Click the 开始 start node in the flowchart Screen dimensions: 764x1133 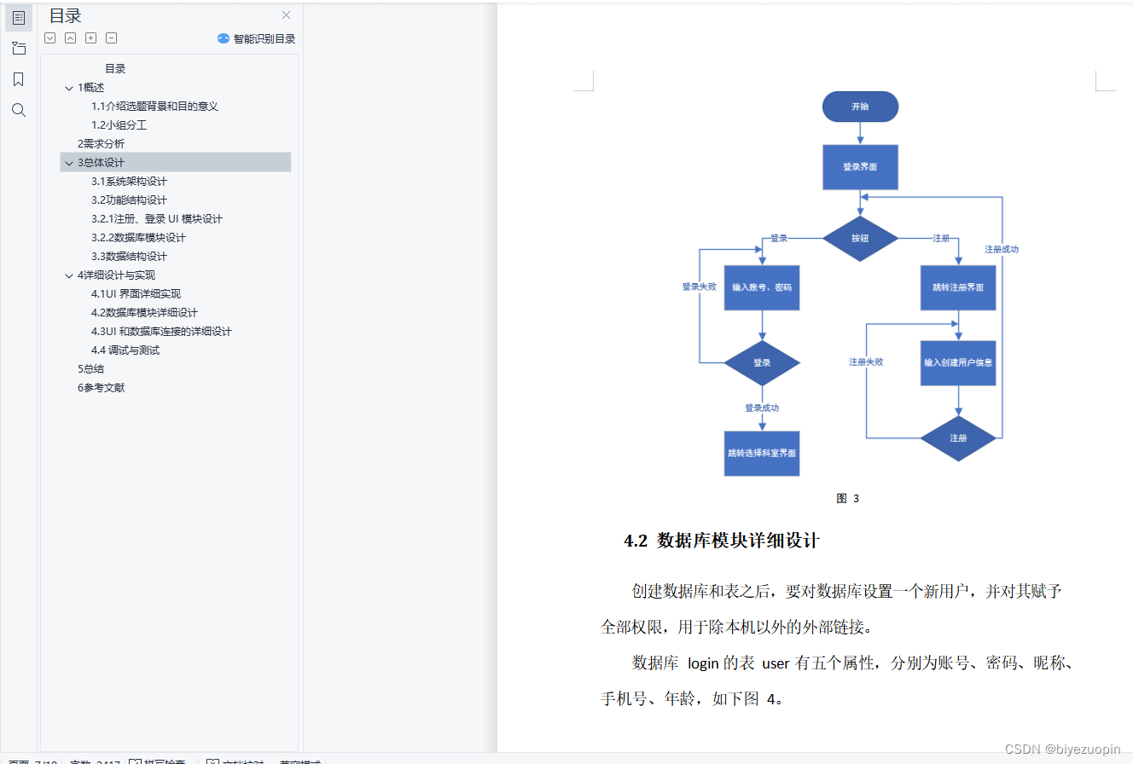860,107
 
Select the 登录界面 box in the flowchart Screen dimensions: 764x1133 860,167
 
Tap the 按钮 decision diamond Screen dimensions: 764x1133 860,238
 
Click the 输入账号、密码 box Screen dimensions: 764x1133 762,287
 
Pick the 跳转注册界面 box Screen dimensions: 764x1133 957,287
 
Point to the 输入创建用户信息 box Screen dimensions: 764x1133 957,362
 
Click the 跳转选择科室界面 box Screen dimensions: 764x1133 762,453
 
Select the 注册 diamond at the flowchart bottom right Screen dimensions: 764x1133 957,438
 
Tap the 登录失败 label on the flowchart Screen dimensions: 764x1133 699,287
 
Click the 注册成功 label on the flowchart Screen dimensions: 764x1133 1002,250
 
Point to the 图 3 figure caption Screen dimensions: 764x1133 847,499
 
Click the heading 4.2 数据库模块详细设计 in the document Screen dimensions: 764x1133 722,541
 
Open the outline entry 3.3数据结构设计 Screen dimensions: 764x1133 129,256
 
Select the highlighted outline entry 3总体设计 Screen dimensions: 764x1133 101,162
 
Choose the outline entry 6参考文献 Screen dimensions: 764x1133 101,387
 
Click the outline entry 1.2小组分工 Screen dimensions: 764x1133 119,124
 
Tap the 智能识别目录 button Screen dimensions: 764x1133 257,38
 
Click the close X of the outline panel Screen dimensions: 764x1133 287,14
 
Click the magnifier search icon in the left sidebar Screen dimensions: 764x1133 19,110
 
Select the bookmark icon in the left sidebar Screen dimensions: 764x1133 19,79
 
